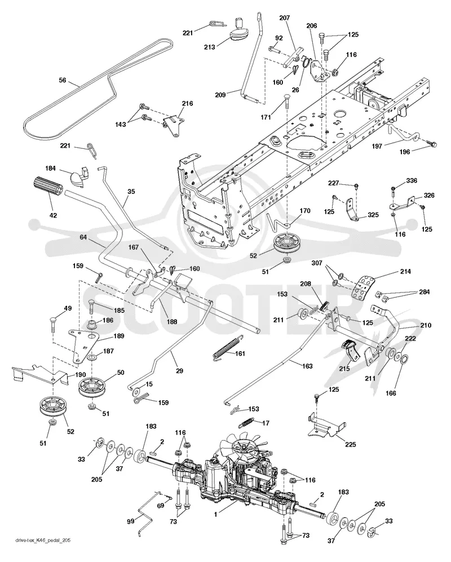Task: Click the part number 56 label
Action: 63,80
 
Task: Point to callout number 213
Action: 210,47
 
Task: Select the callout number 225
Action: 350,444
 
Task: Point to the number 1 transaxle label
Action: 215,514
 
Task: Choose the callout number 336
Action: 412,180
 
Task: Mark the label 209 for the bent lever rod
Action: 220,95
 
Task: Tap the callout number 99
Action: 131,521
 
